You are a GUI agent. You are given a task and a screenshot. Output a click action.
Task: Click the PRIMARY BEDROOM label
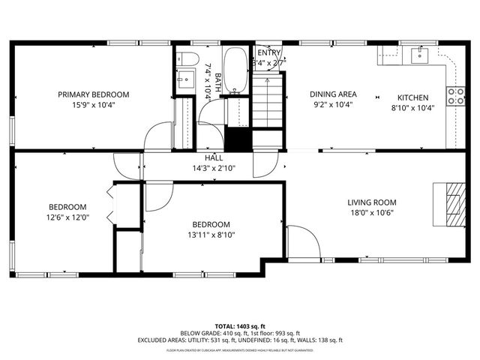(94, 94)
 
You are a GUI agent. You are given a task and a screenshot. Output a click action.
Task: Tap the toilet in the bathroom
(188, 58)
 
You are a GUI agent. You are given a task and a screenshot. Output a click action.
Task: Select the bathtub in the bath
(236, 71)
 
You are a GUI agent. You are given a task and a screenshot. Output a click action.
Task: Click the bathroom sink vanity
(184, 79)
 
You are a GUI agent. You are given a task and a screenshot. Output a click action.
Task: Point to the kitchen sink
(418, 54)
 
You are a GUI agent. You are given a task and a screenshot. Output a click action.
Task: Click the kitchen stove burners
(454, 95)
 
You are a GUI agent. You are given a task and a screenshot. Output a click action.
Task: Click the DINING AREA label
(334, 94)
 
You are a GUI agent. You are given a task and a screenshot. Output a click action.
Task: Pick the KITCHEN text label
(412, 97)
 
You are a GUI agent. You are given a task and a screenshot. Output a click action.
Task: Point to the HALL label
(214, 158)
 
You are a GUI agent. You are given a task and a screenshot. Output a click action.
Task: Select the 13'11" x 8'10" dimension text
(211, 235)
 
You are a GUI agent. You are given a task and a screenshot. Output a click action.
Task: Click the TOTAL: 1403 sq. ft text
(239, 325)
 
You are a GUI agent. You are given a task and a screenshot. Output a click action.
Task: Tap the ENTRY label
(268, 52)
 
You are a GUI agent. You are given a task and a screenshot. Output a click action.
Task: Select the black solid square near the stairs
(238, 139)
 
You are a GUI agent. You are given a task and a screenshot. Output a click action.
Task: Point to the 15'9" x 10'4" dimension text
(94, 105)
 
